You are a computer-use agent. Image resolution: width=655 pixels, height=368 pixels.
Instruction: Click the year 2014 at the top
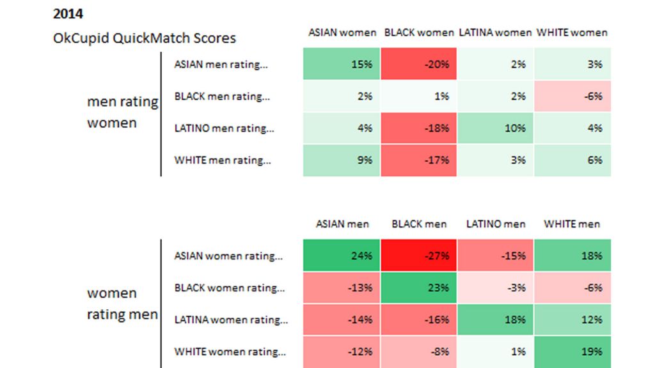coord(68,13)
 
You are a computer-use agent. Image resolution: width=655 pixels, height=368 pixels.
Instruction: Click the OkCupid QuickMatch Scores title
coord(145,38)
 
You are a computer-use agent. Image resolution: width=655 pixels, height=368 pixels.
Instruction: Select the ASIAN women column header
coord(342,32)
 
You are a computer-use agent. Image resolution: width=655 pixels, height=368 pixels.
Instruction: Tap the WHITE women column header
coord(571,32)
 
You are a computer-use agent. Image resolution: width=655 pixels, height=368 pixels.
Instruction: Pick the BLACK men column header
coord(419,224)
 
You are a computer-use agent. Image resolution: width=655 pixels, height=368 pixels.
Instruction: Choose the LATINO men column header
coord(496,224)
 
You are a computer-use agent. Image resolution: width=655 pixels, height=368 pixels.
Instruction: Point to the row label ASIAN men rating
coord(221,64)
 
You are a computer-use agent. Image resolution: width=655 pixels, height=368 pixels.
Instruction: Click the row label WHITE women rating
coord(230,351)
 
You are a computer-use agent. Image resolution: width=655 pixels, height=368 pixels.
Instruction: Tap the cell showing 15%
coord(342,64)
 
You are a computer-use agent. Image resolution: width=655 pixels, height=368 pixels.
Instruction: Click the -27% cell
coord(418,256)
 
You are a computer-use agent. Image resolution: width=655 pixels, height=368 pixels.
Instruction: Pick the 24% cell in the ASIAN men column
coord(342,256)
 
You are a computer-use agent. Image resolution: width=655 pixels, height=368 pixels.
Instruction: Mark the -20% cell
coord(418,64)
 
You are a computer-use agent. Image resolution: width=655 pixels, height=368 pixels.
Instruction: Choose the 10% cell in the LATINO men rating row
coord(495,128)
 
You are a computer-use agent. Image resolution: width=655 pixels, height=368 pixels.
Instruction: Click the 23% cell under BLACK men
coord(418,287)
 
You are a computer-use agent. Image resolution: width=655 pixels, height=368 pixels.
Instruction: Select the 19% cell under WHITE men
coord(572,351)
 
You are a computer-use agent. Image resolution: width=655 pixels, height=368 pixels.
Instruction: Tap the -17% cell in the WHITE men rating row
coord(418,160)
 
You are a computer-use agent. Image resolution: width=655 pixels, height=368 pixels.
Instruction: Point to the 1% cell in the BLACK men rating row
coord(418,96)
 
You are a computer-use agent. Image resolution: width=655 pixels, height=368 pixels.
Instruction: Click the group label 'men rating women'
coord(122,112)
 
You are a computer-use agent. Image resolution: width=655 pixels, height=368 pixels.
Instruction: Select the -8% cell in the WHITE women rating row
coord(418,351)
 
